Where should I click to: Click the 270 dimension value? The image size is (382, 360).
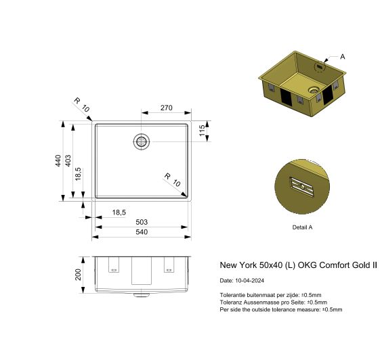coord(166,107)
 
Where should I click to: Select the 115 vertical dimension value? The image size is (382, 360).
coord(202,131)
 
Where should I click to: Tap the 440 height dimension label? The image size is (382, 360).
coord(59,161)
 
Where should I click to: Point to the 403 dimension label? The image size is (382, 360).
coord(68,161)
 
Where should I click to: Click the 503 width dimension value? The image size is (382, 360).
coord(142,222)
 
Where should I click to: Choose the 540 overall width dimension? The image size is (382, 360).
coord(142,232)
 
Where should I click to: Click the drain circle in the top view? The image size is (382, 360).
coord(142,141)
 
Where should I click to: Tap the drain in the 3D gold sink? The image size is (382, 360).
coord(313,89)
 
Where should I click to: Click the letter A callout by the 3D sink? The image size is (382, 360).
coord(343,57)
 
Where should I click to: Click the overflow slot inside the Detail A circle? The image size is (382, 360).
coord(299,184)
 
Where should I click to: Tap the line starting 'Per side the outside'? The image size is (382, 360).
coord(281,309)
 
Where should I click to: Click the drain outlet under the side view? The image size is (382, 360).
coord(141,295)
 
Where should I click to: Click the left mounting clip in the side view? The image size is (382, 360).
coord(113,266)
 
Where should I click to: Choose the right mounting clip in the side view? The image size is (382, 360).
coord(169,266)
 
